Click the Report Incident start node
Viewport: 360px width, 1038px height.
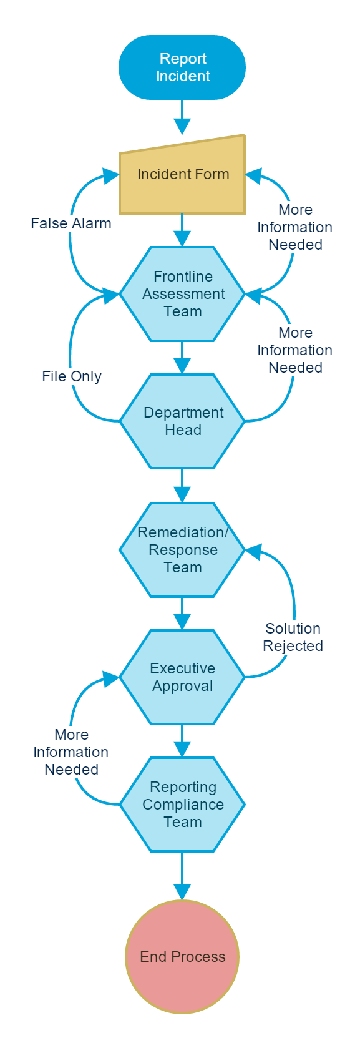[x=182, y=67]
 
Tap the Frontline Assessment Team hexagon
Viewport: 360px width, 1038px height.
[x=182, y=294]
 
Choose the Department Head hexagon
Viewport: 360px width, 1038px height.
[x=182, y=421]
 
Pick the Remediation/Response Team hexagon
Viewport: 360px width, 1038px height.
[x=182, y=549]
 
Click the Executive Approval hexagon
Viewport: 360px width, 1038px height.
[x=182, y=677]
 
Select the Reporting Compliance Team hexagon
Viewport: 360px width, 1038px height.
[x=182, y=805]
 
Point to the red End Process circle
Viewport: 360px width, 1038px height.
[x=182, y=956]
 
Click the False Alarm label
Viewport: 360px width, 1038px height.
[x=71, y=223]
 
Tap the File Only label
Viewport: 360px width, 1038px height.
[x=72, y=376]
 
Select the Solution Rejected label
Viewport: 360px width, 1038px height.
[x=293, y=637]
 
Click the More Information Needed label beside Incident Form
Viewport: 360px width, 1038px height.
[x=295, y=227]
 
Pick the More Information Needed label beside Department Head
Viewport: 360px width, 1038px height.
[x=295, y=350]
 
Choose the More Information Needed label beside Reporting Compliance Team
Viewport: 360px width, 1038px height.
[x=71, y=752]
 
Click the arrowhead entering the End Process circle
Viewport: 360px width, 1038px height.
[x=182, y=891]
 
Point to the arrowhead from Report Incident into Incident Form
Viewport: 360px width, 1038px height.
[x=182, y=126]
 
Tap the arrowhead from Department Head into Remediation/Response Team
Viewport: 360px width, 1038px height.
[x=182, y=494]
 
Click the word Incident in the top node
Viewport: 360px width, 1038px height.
[x=183, y=76]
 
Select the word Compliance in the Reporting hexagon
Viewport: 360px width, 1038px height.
[x=183, y=805]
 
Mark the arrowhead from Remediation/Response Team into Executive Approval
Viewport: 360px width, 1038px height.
[x=182, y=622]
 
